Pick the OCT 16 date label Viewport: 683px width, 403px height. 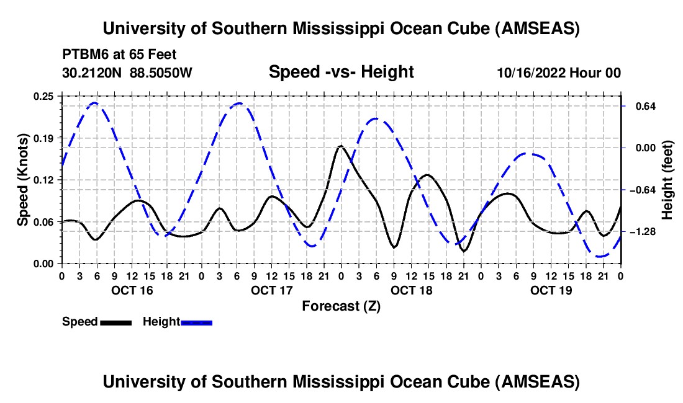click(132, 290)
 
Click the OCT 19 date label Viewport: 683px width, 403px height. click(551, 290)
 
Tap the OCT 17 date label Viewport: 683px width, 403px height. click(272, 290)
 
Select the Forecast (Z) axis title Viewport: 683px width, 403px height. click(341, 306)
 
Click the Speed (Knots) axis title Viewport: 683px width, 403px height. click(22, 179)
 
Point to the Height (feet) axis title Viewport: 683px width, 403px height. click(668, 179)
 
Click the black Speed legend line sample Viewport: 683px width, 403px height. click(115, 322)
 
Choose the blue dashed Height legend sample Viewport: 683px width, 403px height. click(197, 322)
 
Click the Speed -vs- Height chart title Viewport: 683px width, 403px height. click(341, 72)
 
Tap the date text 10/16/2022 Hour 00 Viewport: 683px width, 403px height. click(559, 73)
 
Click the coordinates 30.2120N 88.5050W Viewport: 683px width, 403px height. click(127, 73)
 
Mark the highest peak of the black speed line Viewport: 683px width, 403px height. click(340, 146)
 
